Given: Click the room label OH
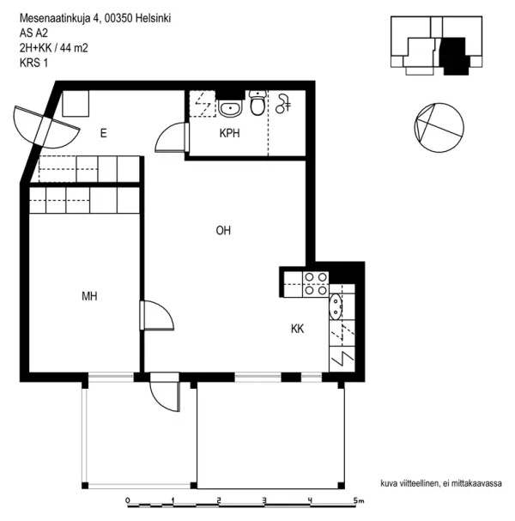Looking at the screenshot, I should click(223, 230).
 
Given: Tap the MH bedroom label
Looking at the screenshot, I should click(89, 296).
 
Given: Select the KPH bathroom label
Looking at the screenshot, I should click(229, 133).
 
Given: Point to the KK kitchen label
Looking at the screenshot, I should click(298, 328).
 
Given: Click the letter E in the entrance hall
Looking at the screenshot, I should click(103, 133).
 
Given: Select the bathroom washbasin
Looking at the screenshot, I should click(229, 108).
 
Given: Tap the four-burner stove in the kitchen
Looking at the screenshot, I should click(313, 283).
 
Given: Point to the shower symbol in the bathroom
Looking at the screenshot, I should click(283, 104).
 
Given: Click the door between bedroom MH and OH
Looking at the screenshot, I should click(157, 315).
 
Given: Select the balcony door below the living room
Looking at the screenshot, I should click(164, 396).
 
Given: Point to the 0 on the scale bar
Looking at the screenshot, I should click(127, 500).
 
